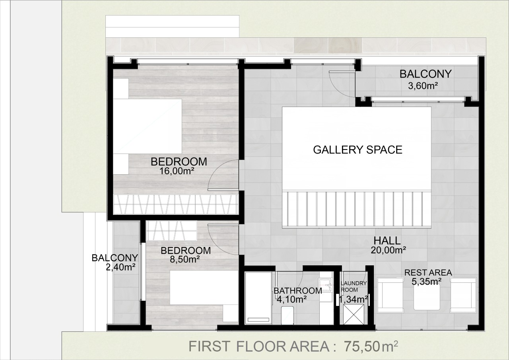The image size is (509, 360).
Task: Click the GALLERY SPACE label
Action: (357, 150)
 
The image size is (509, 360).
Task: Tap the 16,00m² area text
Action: (177, 171)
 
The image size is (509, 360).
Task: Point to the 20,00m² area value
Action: (389, 250)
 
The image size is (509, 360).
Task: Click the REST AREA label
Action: (428, 272)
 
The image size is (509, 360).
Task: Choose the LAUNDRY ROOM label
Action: (354, 286)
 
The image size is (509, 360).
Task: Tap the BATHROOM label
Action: (298, 291)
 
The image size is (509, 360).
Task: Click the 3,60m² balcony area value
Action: (423, 86)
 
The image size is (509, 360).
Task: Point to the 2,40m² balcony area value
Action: (120, 267)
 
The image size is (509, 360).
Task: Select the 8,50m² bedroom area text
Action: (185, 259)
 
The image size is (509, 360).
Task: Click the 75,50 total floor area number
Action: (362, 346)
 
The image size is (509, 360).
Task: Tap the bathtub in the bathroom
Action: (258, 298)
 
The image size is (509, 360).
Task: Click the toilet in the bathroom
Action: (288, 315)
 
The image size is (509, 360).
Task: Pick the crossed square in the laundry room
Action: (354, 315)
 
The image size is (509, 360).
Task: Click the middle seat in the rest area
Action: (427, 297)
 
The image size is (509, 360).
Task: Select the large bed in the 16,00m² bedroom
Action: (148, 126)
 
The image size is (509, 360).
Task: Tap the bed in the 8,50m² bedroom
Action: (204, 288)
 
